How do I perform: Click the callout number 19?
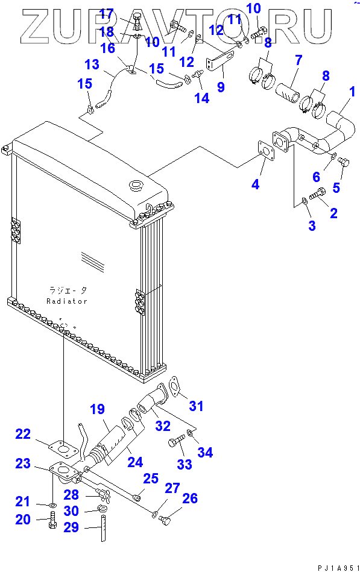point(97,409)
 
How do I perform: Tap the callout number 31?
point(196,406)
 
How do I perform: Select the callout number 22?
point(23,434)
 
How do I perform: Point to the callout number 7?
point(298,60)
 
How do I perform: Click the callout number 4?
point(255,184)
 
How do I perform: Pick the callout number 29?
point(71,527)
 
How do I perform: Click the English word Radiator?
point(67,301)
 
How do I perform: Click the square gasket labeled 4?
point(266,150)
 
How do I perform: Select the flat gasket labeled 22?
point(64,450)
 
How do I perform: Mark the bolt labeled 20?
point(52,520)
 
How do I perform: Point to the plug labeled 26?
point(165,519)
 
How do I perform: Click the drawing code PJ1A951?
point(338,568)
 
